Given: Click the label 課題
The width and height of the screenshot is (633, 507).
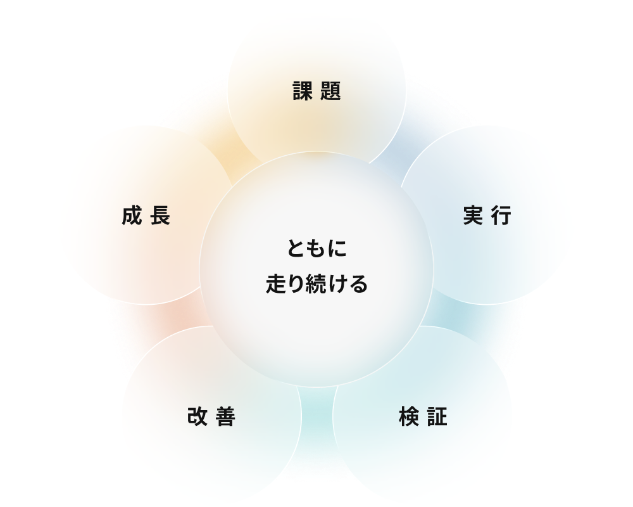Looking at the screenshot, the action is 317,91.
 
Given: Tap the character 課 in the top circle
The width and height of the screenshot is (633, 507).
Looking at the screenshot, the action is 303,91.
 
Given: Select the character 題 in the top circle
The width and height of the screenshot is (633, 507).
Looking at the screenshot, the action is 331,91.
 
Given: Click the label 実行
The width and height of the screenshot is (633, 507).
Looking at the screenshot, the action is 487,215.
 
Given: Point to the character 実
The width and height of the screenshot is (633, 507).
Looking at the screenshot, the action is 473,215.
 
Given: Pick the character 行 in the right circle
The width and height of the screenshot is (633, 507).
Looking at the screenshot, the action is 502,215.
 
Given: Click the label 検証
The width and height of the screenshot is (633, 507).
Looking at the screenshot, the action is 423,416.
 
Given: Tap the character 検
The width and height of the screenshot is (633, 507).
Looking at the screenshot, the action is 408,416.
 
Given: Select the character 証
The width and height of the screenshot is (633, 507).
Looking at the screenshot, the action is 437,416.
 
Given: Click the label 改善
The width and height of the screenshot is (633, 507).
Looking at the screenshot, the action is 211,416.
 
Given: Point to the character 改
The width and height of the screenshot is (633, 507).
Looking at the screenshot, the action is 197,416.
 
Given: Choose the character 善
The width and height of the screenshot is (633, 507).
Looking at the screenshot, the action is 226,416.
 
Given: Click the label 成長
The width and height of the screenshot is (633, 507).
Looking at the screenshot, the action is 146,215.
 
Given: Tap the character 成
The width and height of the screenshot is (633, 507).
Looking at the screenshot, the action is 132,215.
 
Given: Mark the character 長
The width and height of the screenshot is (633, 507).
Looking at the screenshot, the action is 160,215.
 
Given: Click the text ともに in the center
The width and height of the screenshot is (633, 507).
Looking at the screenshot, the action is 317,248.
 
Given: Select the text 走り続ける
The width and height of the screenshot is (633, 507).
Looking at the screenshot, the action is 317,283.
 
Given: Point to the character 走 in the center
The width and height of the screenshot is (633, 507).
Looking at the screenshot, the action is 276,283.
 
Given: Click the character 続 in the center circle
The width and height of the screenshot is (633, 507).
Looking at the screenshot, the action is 317,283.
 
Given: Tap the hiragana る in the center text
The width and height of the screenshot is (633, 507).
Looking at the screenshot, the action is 358,284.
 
